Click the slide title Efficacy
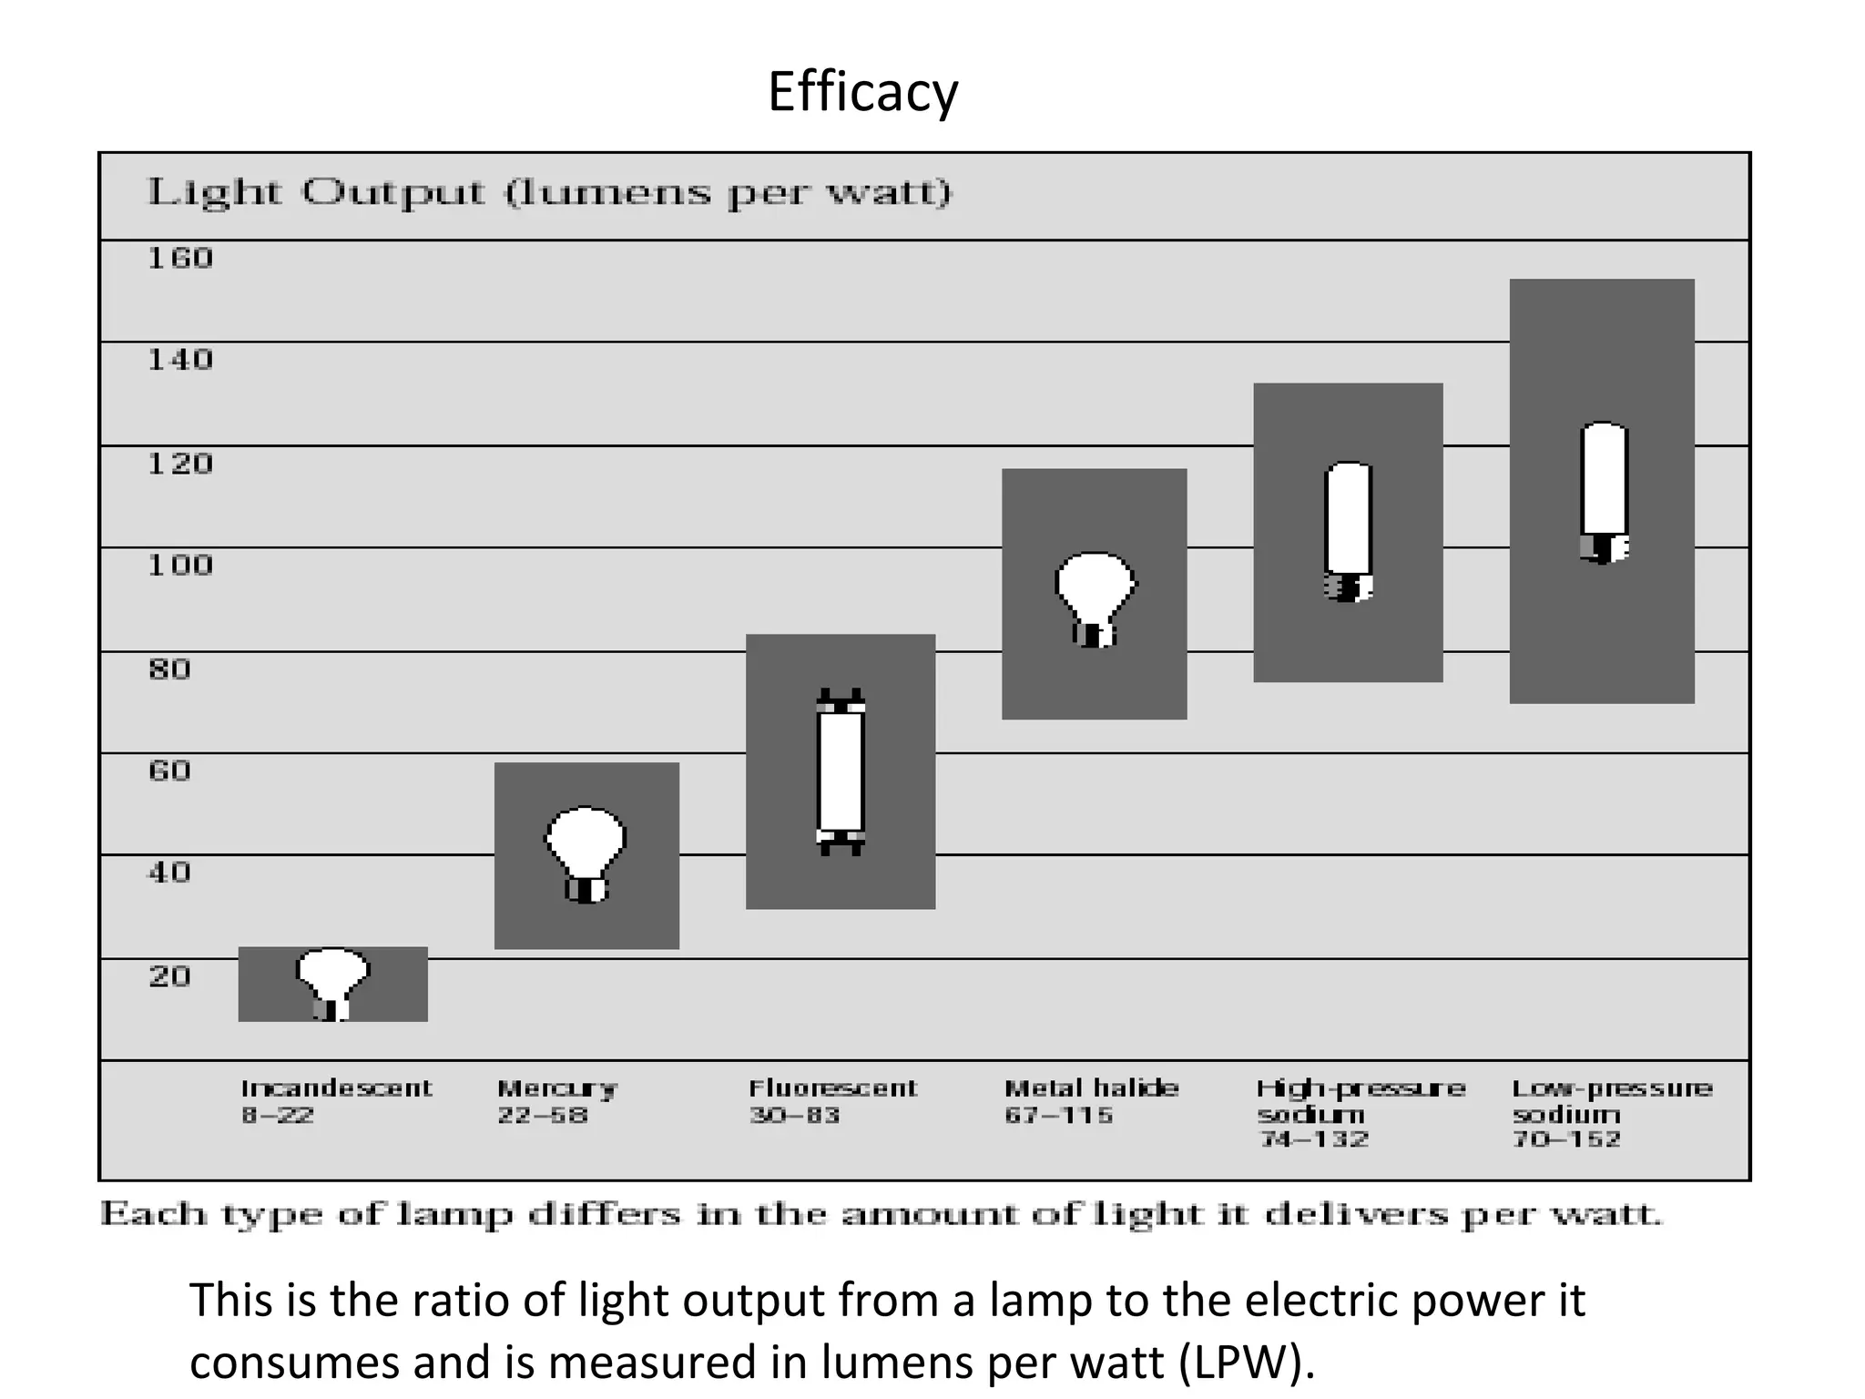tap(862, 92)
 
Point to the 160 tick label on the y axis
tap(180, 259)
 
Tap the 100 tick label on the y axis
tap(180, 566)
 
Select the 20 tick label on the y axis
tap(169, 977)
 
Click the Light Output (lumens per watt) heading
tap(549, 193)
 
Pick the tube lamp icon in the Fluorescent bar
tap(840, 772)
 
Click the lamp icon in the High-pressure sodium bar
tap(1348, 531)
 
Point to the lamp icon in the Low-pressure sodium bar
tap(1603, 492)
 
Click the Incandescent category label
tap(336, 1088)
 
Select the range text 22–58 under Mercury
tap(543, 1116)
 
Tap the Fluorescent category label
tap(832, 1088)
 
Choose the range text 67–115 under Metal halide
tap(1059, 1116)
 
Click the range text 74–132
tap(1314, 1139)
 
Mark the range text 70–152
tap(1566, 1139)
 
